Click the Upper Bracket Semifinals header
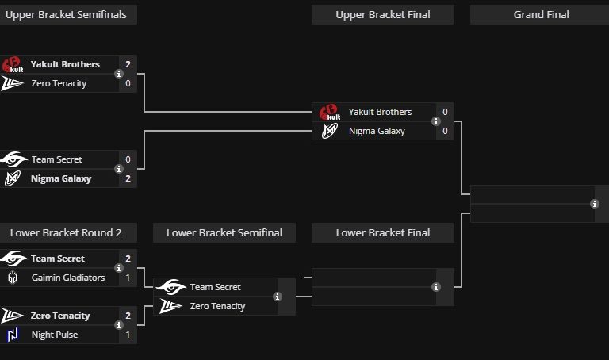pyautogui.click(x=66, y=14)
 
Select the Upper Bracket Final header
pyautogui.click(x=382, y=14)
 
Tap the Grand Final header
pyautogui.click(x=541, y=14)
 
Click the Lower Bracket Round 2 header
pyautogui.click(x=66, y=232)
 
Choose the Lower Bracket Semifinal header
pyautogui.click(x=224, y=232)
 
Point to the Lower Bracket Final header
pyautogui.click(x=382, y=232)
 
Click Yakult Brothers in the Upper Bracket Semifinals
pyautogui.click(x=65, y=64)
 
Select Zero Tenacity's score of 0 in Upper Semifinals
pyautogui.click(x=128, y=83)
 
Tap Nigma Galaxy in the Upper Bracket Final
pyautogui.click(x=377, y=131)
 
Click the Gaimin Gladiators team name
pyautogui.click(x=68, y=278)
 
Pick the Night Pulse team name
pyautogui.click(x=55, y=335)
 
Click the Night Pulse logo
pyautogui.click(x=12, y=335)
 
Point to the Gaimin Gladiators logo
pyautogui.click(x=12, y=278)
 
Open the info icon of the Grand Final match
pyautogui.click(x=595, y=204)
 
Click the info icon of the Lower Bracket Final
pyautogui.click(x=435, y=287)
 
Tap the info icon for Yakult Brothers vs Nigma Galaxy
pyautogui.click(x=435, y=121)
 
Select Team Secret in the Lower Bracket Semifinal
pyautogui.click(x=215, y=287)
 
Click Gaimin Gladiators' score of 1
pyautogui.click(x=128, y=278)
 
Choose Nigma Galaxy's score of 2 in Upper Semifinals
pyautogui.click(x=128, y=178)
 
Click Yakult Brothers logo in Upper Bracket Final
pyautogui.click(x=329, y=112)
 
